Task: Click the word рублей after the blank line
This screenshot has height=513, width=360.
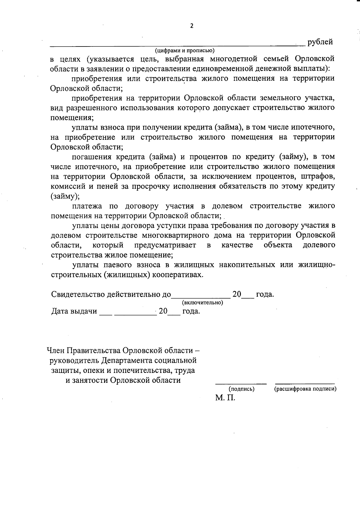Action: tap(320, 42)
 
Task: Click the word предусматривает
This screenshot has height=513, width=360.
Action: tap(165, 245)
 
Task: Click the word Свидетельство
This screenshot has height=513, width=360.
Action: tap(79, 294)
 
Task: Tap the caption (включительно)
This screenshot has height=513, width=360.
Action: tap(202, 303)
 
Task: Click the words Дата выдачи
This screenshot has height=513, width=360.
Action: tap(74, 311)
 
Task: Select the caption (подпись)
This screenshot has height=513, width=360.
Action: tap(241, 389)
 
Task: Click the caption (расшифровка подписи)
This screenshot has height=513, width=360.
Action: tap(305, 389)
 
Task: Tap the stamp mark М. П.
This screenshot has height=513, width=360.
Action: tap(225, 398)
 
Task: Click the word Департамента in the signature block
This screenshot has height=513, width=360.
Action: tap(127, 360)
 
